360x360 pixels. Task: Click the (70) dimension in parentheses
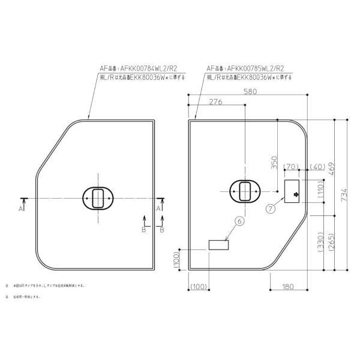[291, 166]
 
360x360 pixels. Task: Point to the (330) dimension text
[320, 243]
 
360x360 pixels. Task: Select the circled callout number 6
[240, 221]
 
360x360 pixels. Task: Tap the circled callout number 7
[271, 209]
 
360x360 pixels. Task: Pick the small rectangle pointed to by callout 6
[218, 245]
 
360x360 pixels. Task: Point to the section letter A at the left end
[22, 208]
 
